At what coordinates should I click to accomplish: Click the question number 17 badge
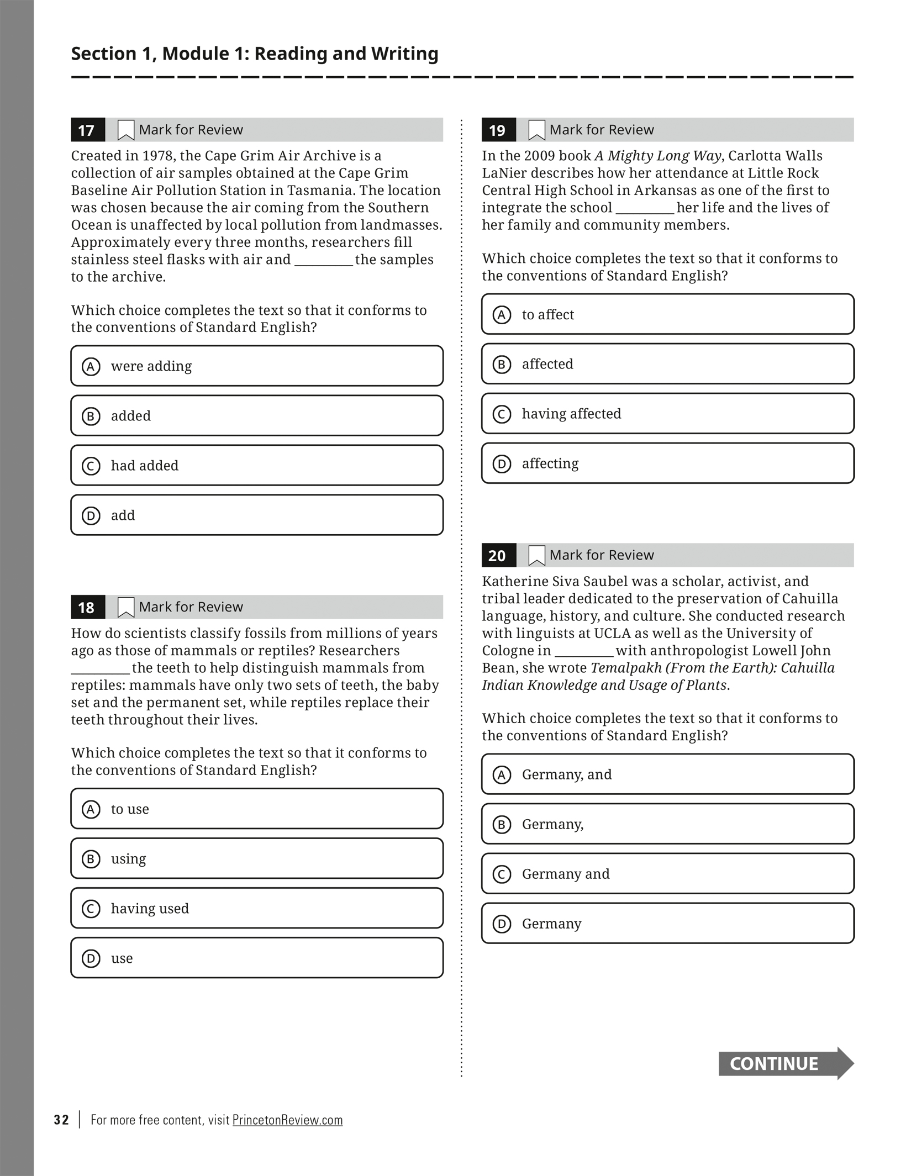pos(87,130)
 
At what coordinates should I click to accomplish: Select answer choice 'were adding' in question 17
pos(256,366)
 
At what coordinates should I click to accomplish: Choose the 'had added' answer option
pos(256,466)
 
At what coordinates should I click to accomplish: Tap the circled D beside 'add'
pos(91,516)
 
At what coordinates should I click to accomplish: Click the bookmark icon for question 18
pos(126,607)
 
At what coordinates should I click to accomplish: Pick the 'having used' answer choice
pos(256,909)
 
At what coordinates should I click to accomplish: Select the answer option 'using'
pos(256,859)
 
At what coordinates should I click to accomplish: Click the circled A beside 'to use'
pos(91,810)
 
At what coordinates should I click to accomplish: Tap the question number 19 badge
pos(498,130)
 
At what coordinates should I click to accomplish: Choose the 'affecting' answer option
pos(667,463)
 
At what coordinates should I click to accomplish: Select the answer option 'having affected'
pos(667,414)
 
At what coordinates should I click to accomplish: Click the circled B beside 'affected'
pos(502,365)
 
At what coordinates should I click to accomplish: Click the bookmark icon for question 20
pos(536,555)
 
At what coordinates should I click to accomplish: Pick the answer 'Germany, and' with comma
pos(667,774)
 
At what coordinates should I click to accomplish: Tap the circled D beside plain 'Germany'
pos(502,924)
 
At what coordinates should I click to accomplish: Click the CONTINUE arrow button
pos(786,1063)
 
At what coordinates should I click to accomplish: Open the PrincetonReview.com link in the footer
pos(287,1120)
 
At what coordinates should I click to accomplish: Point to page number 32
pos(61,1120)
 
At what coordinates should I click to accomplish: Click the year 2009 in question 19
pos(541,156)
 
